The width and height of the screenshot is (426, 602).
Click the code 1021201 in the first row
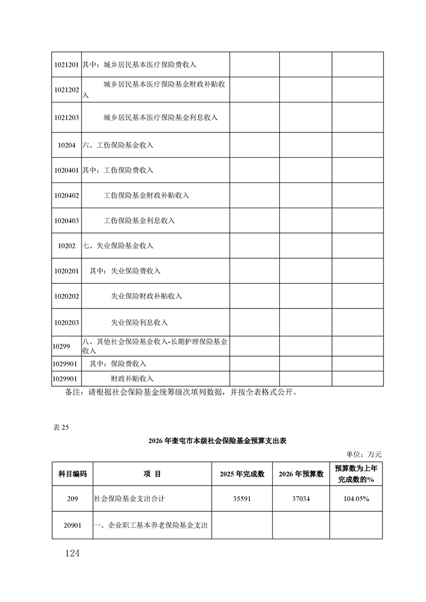pyautogui.click(x=67, y=65)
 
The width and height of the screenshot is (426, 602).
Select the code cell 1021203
pyautogui.click(x=67, y=117)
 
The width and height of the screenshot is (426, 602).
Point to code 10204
pyautogui.click(x=67, y=145)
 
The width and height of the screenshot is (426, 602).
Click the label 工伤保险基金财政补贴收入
pyautogui.click(x=146, y=196)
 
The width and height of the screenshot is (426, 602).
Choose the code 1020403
pyautogui.click(x=67, y=221)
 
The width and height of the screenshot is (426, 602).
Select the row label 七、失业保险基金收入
pyautogui.click(x=118, y=246)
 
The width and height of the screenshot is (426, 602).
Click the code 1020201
pyautogui.click(x=67, y=271)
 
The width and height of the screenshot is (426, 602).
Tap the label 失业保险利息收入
pyautogui.click(x=139, y=322)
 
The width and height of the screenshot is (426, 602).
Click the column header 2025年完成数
pyautogui.click(x=242, y=474)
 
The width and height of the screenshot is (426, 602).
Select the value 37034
pyautogui.click(x=301, y=498)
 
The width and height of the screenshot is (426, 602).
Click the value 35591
pyautogui.click(x=242, y=498)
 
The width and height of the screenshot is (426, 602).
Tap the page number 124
pyautogui.click(x=70, y=553)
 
